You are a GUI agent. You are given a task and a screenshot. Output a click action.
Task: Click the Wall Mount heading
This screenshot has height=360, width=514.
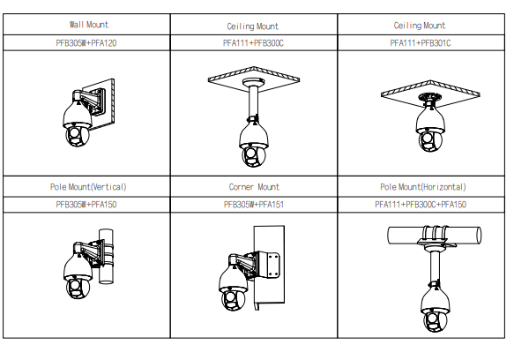coord(88,25)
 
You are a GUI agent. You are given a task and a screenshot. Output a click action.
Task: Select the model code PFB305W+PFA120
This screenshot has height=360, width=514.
coord(86,43)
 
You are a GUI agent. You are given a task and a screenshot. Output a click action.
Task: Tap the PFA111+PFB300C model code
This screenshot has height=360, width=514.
coord(253,43)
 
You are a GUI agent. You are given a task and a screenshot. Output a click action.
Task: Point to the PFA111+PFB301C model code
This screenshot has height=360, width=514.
coord(421,43)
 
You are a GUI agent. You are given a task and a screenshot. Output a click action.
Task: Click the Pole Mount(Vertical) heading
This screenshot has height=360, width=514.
coord(88,187)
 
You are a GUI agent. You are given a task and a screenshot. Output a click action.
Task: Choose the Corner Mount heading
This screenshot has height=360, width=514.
coord(254,187)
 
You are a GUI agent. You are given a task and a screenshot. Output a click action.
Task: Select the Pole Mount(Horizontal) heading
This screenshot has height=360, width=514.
coord(423,187)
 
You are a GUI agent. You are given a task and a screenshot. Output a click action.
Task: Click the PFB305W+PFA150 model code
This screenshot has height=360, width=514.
coord(86,205)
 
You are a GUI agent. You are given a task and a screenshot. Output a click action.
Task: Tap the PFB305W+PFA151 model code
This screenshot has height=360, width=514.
coord(254,205)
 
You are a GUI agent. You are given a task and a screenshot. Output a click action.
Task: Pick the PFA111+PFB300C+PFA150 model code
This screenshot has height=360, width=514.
coord(421,205)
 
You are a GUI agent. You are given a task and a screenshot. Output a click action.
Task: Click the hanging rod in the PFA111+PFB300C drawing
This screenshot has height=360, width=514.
coord(253,101)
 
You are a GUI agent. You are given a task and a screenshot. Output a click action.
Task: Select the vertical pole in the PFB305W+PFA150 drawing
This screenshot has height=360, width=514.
coord(106,256)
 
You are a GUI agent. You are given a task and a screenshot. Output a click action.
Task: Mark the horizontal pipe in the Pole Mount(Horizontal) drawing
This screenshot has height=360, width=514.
coord(435,236)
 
